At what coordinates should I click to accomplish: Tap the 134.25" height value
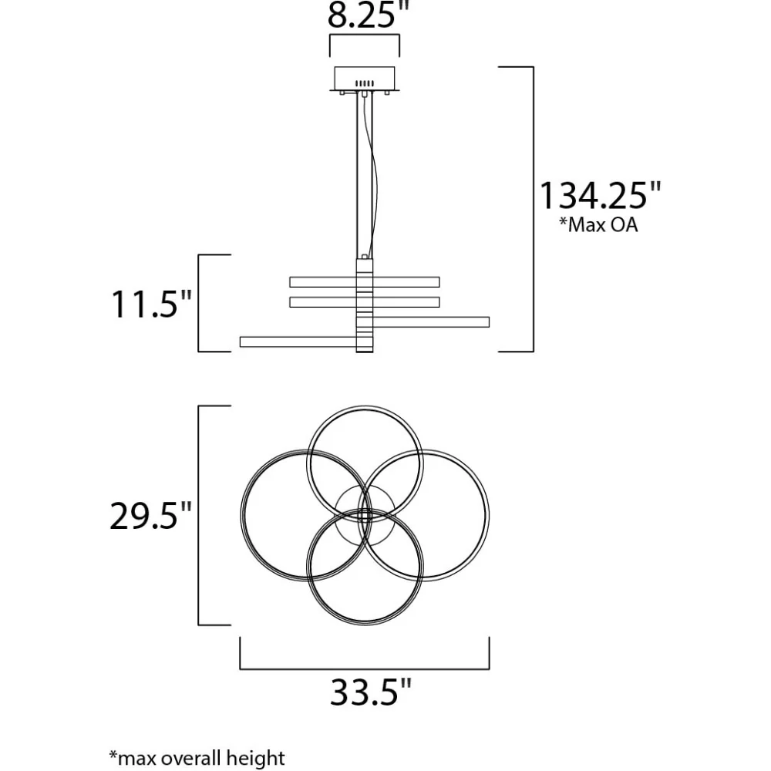click(x=601, y=195)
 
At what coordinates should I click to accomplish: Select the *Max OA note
click(x=598, y=224)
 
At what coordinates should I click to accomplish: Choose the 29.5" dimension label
click(x=150, y=516)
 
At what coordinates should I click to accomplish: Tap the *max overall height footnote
click(x=197, y=758)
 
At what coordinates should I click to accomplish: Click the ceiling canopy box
click(x=365, y=79)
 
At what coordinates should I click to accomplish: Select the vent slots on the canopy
click(x=365, y=83)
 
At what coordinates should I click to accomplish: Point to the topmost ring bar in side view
click(x=365, y=281)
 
